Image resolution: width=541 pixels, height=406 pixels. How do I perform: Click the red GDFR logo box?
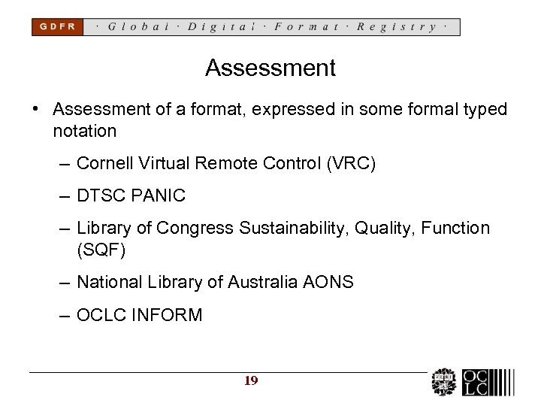coord(57,27)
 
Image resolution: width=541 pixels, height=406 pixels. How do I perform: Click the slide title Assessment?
coord(270,68)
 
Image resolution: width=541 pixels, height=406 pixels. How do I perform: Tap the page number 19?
coord(251,381)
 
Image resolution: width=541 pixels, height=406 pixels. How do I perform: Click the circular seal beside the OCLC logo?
coord(444,383)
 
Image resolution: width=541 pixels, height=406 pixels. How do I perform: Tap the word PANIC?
coord(159,196)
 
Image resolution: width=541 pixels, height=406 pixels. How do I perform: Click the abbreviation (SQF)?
coord(101,250)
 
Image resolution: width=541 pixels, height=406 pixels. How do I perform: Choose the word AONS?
coord(328,282)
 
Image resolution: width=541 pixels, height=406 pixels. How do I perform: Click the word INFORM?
coord(167,315)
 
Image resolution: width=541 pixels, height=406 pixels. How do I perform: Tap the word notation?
coord(84,131)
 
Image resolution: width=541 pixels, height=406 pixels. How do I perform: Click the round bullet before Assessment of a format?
coord(36,110)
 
